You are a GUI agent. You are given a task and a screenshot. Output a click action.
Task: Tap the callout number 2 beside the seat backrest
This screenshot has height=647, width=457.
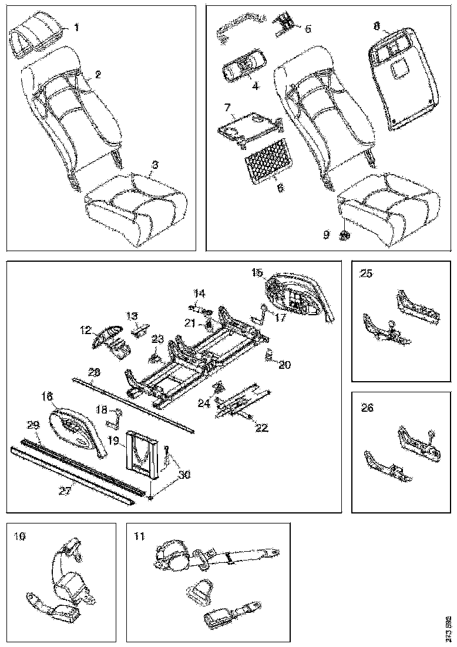(x=98, y=75)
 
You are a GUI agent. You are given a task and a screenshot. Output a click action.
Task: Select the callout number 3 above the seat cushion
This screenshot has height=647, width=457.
(x=154, y=165)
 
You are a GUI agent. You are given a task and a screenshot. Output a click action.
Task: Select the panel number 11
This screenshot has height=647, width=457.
(x=139, y=536)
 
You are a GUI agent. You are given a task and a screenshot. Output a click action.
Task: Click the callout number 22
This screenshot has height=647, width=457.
(x=262, y=428)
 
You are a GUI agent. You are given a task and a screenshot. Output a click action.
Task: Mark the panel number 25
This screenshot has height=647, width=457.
(x=366, y=274)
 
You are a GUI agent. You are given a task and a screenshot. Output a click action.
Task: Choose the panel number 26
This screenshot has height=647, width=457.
(x=367, y=406)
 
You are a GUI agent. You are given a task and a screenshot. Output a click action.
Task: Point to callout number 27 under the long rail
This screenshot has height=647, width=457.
(x=66, y=490)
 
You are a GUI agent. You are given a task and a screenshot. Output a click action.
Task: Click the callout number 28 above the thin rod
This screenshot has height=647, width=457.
(x=95, y=372)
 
